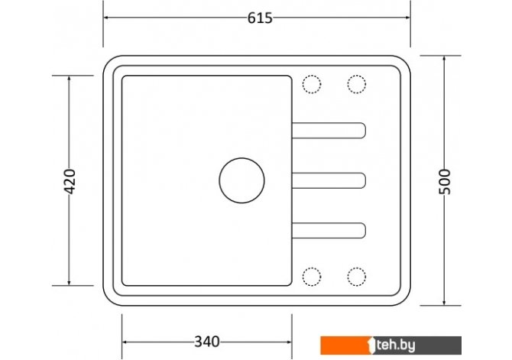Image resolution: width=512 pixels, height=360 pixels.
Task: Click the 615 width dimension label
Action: pos(260,18)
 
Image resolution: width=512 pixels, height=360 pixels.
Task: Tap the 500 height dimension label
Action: pos(445,182)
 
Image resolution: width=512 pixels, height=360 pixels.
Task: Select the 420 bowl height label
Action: pos(70,181)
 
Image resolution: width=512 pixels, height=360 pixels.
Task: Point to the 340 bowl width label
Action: pos(207,342)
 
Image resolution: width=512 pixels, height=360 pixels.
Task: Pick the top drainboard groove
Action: pos(329,131)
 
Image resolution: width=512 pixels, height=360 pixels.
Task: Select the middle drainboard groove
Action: pos(329,180)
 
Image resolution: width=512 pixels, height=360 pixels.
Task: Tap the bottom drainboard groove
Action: pos(329,231)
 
